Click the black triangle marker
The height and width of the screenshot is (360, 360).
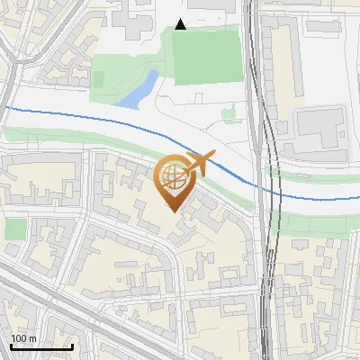click(181, 24)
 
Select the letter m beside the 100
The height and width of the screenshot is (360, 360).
click(32, 338)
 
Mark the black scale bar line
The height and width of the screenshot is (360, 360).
click(40, 346)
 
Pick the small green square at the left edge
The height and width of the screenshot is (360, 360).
click(15, 229)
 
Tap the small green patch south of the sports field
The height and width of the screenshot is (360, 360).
click(229, 113)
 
